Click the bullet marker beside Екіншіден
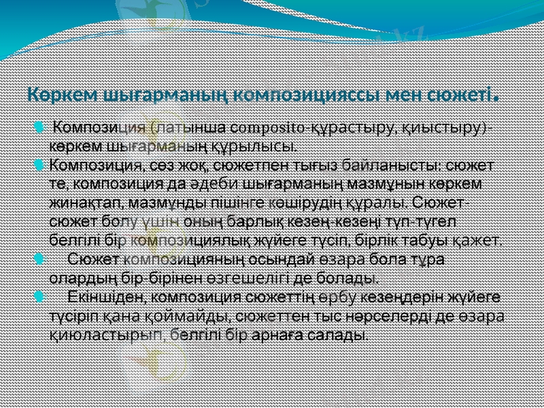click(39, 296)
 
